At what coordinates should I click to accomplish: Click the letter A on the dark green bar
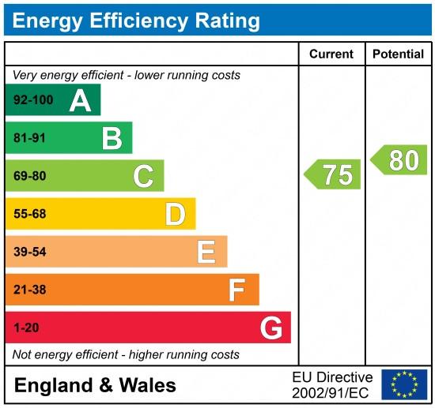tap(80, 100)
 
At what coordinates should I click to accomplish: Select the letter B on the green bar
tap(112, 138)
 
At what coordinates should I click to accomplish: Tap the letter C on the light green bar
tap(143, 176)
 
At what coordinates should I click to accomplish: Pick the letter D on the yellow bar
tap(175, 214)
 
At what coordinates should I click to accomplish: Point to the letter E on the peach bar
tap(206, 252)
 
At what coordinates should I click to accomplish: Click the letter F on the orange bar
tap(236, 290)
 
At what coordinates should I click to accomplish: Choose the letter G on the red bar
tap(270, 328)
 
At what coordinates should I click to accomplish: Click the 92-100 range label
tap(32, 100)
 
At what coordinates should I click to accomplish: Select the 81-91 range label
tap(29, 138)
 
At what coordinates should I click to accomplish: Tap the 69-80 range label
tap(29, 176)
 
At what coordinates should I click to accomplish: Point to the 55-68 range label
tap(29, 214)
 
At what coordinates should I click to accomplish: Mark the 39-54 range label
tap(29, 252)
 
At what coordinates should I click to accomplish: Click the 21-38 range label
tap(29, 290)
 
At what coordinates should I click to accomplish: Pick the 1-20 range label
tap(26, 328)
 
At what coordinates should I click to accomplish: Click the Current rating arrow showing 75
tap(334, 174)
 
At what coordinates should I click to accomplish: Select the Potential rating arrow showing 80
tap(399, 160)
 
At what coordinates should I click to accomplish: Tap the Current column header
tap(331, 54)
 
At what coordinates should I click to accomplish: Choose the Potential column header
tap(398, 54)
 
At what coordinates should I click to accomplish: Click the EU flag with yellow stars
tap(404, 384)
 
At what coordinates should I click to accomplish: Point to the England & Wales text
tap(95, 385)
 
